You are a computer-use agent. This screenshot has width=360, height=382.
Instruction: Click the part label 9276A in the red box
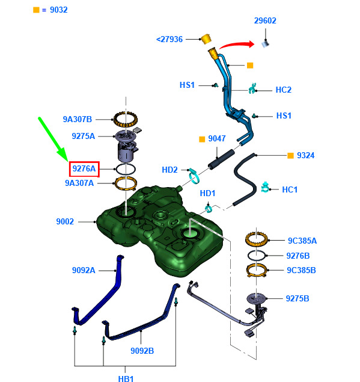tap(84, 168)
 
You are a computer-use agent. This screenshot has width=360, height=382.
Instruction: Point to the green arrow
tap(53, 140)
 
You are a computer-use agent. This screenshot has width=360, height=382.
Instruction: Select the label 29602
tap(265, 20)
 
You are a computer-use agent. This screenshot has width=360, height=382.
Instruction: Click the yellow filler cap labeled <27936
tap(206, 39)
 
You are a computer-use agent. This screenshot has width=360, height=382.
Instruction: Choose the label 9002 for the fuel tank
tap(65, 221)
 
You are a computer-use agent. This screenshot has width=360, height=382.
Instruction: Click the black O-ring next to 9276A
tap(126, 169)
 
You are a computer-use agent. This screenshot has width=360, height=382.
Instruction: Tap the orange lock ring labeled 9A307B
tap(126, 119)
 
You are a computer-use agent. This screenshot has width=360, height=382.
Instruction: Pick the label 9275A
tap(84, 136)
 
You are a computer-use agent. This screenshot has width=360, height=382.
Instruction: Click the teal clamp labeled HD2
tap(194, 176)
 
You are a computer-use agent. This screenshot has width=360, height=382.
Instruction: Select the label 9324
tap(306, 155)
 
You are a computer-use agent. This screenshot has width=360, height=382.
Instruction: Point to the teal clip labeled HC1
tap(265, 187)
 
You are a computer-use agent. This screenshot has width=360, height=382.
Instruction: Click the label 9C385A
tap(302, 241)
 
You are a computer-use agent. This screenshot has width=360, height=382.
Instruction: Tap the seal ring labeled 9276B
tap(256, 256)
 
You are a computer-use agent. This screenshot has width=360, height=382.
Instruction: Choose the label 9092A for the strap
tap(84, 271)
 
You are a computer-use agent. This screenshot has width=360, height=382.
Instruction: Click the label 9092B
tap(142, 351)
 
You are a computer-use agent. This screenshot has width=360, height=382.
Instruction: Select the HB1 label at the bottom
tap(126, 378)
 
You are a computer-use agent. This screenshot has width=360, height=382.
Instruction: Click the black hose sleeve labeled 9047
tap(222, 159)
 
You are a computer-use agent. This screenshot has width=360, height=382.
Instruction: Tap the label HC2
tap(283, 90)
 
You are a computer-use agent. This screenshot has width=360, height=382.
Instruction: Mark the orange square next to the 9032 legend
tap(36, 10)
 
